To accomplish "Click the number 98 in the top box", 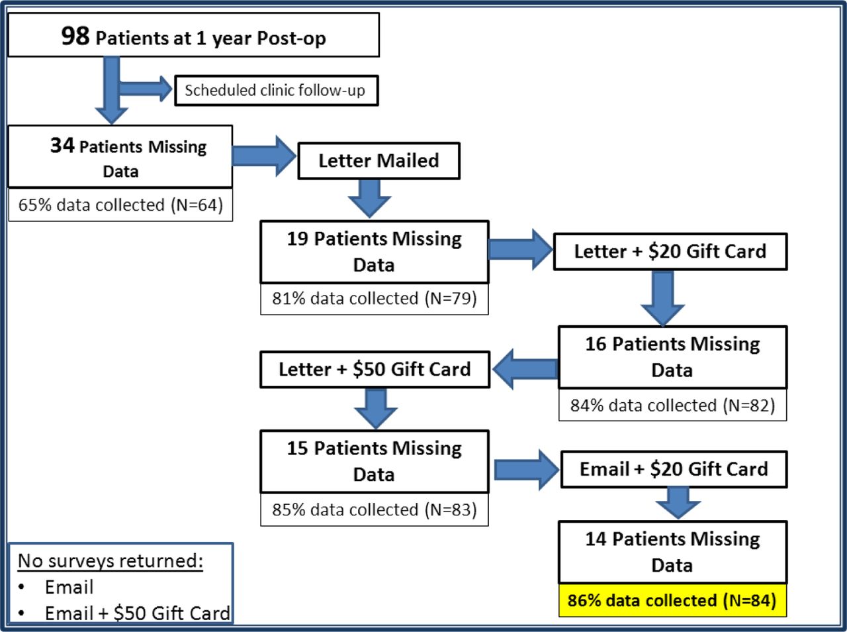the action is (x=75, y=36).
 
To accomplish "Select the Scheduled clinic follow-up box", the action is (x=277, y=90).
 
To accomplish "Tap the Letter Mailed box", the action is (x=379, y=161).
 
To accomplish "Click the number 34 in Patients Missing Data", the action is (x=62, y=146).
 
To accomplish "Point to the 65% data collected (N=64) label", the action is (x=120, y=205).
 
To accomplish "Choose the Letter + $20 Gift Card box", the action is (x=670, y=251).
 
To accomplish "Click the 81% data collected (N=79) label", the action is (x=375, y=299).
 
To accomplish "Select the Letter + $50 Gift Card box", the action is (x=375, y=369).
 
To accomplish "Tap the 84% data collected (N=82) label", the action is (x=672, y=405).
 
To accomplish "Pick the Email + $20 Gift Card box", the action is (x=674, y=470).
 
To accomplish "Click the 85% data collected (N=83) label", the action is (x=375, y=509).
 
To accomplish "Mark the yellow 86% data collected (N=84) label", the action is (x=672, y=600).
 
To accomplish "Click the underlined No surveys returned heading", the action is (x=111, y=561).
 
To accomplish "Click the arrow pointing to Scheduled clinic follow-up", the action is (x=146, y=89).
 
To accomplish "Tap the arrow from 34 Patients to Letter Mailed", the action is (x=264, y=156).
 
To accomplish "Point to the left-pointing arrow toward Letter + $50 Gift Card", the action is (x=525, y=369).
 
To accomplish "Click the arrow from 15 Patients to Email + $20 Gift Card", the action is (x=526, y=470).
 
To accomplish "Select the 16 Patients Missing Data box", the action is (x=672, y=357).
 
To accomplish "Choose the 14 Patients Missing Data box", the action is (x=672, y=552).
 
